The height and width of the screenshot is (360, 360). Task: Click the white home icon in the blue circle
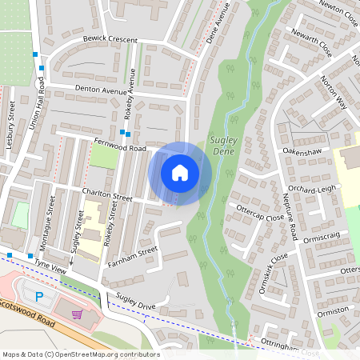click(180, 172)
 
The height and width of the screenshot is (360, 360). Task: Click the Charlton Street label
click(107, 194)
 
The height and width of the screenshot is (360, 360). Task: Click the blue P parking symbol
click(40, 296)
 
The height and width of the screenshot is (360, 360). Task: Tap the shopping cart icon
click(77, 314)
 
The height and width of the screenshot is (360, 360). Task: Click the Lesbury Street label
click(11, 125)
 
